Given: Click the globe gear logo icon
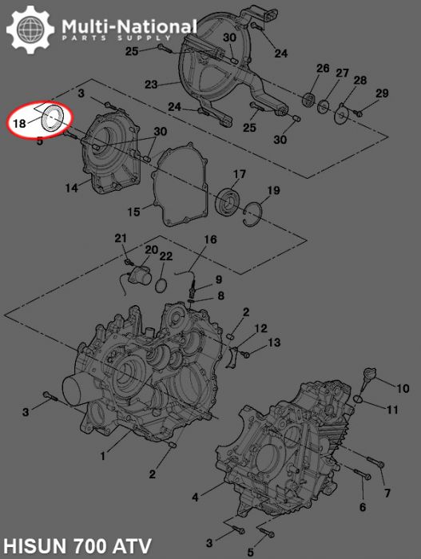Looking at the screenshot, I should pyautogui.click(x=31, y=31).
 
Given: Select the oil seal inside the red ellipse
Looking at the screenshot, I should pyautogui.click(x=54, y=117).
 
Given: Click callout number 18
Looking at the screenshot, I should pyautogui.click(x=20, y=124).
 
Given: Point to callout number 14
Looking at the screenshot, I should pyautogui.click(x=72, y=188).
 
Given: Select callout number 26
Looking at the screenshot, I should pyautogui.click(x=322, y=69).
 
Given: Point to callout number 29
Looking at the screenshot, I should pyautogui.click(x=382, y=93).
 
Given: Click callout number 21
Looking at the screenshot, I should pyautogui.click(x=121, y=238).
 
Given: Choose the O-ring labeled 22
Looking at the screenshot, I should pyautogui.click(x=161, y=285).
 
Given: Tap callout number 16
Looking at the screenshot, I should pyautogui.click(x=210, y=240).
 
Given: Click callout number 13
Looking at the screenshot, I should pyautogui.click(x=274, y=343).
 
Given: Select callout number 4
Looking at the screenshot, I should pyautogui.click(x=196, y=497).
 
